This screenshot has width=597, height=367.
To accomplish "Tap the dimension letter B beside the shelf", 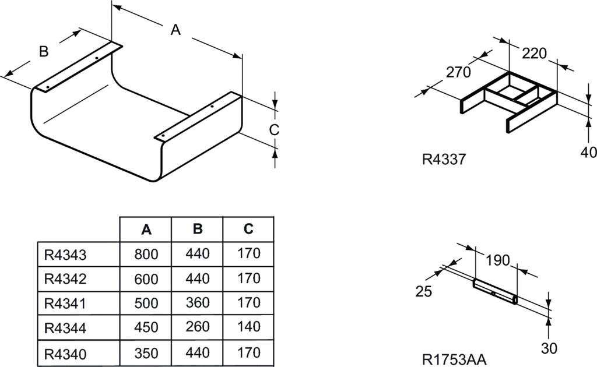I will (x=44, y=52).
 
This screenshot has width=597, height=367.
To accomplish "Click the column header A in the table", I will (x=146, y=230).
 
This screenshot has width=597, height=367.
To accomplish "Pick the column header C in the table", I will (x=248, y=230).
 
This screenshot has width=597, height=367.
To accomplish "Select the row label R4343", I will (x=65, y=254).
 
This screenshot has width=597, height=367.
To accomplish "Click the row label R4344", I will (x=65, y=328).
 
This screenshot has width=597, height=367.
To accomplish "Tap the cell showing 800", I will (x=146, y=254).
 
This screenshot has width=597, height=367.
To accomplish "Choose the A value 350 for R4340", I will (x=146, y=353).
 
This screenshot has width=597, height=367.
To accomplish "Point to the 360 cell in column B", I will (x=198, y=303).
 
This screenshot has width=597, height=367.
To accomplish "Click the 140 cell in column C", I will (x=249, y=328).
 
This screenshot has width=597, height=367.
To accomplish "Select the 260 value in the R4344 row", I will (x=198, y=328).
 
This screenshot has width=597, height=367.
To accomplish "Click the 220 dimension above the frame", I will (x=533, y=54).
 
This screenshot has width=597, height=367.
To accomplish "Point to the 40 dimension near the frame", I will (x=589, y=153).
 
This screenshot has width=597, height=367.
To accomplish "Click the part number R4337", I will (x=444, y=159).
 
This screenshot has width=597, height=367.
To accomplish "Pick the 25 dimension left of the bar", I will (x=424, y=292).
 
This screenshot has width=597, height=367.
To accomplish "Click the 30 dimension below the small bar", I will (x=549, y=348).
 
